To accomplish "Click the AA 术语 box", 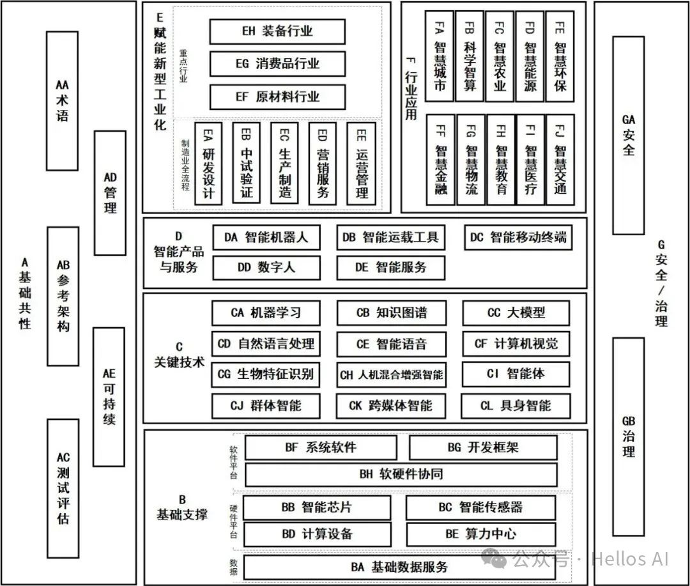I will (63, 100).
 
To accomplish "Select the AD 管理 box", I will (110, 192).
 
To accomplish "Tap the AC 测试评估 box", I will (63, 488).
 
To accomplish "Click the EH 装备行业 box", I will (277, 31).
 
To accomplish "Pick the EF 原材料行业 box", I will (277, 97).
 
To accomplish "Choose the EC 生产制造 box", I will (284, 163).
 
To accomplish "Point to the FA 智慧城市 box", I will (440, 56).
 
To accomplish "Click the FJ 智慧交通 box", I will (560, 160).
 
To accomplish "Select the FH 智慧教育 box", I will (501, 160).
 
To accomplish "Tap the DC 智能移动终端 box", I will (517, 238).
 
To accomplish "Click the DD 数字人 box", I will (266, 268).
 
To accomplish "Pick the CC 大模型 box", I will (516, 312).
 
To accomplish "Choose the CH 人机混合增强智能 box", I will (391, 375).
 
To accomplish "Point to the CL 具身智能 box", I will (516, 405).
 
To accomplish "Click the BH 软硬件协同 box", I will (401, 474).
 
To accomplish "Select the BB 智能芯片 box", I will (316, 507).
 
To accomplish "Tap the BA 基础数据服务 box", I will (399, 567).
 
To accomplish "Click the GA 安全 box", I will (629, 135).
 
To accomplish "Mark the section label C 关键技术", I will (179, 355).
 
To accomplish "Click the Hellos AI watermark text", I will (629, 560).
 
